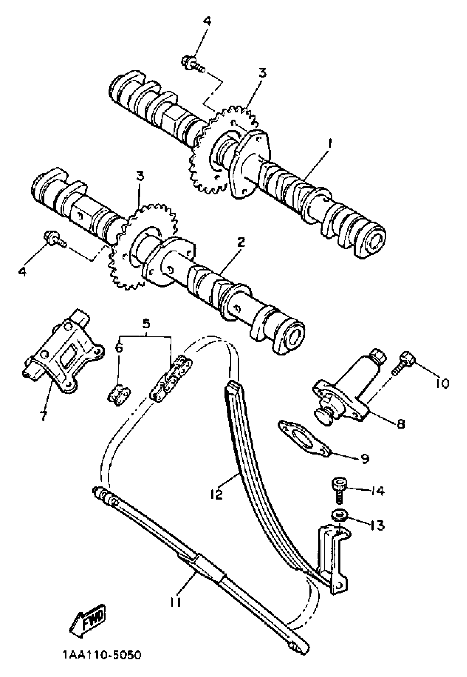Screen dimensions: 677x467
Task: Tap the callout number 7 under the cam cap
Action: (x=44, y=415)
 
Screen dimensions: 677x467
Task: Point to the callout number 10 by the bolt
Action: (x=442, y=383)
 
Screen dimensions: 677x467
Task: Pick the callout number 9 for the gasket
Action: (x=365, y=459)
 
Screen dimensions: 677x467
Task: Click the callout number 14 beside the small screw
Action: (x=377, y=491)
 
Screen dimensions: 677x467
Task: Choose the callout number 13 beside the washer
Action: (x=377, y=525)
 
